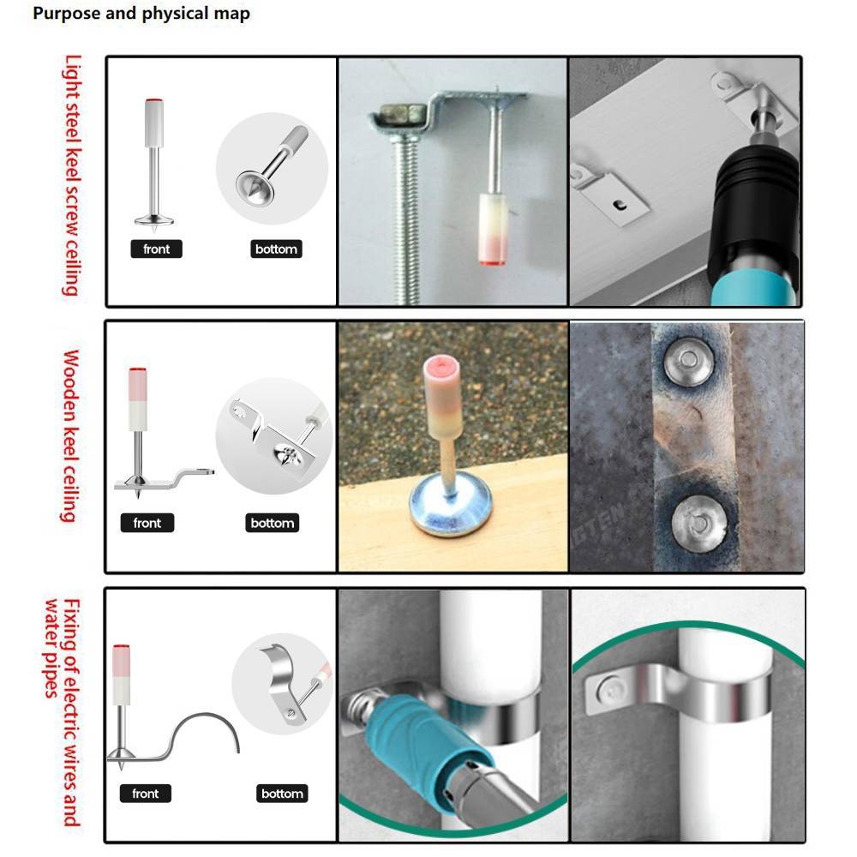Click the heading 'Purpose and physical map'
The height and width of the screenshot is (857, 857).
pyautogui.click(x=141, y=13)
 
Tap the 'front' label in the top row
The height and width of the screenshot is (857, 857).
pyautogui.click(x=156, y=249)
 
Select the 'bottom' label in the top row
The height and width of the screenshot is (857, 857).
pyautogui.click(x=276, y=249)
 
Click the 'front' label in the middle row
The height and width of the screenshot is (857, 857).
pyautogui.click(x=147, y=523)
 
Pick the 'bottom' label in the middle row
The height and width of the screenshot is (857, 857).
pyautogui.click(x=273, y=523)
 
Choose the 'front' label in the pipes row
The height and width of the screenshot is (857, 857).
pyautogui.click(x=146, y=794)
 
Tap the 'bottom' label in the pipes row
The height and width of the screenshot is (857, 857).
pyautogui.click(x=282, y=794)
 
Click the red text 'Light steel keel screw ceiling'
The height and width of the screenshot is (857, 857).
pyautogui.click(x=72, y=176)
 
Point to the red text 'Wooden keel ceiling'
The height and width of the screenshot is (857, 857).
pyautogui.click(x=70, y=436)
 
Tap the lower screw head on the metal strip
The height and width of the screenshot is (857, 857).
pyautogui.click(x=699, y=523)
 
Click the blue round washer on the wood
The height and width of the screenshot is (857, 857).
pyautogui.click(x=451, y=504)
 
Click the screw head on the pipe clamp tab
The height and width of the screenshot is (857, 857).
pyautogui.click(x=609, y=690)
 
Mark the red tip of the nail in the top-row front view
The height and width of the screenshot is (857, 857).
pyautogui.click(x=154, y=100)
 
